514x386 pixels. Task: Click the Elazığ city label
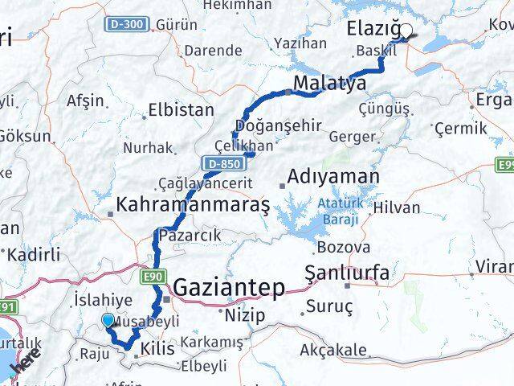pos(373,30)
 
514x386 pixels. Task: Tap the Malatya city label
pos(330,82)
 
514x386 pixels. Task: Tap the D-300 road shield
pos(125,24)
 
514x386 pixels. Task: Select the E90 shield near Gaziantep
pos(156,277)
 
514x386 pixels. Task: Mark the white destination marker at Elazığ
pos(406,31)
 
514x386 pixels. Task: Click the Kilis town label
pos(156,348)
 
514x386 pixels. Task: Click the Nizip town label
pos(245,315)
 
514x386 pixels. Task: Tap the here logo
pos(24,363)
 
